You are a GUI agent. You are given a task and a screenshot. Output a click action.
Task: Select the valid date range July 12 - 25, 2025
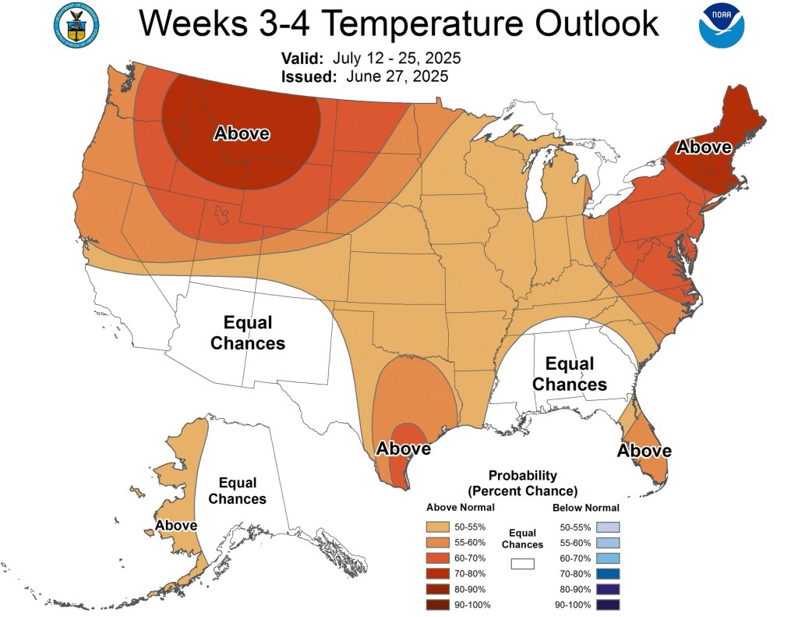[x=397, y=59]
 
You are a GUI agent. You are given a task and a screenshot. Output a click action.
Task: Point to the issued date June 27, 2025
[x=393, y=76]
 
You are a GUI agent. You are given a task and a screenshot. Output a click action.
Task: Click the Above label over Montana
[x=242, y=133]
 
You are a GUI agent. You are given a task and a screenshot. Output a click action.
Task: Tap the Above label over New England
[x=704, y=147]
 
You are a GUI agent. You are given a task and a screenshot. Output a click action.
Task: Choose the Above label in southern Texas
[x=404, y=449]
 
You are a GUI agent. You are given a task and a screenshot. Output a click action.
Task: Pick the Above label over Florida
[x=644, y=451]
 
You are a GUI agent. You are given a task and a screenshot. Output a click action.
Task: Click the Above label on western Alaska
[x=175, y=526]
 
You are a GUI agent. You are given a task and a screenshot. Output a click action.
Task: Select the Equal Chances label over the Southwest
[x=248, y=332]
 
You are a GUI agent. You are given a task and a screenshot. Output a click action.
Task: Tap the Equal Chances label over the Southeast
[x=570, y=374]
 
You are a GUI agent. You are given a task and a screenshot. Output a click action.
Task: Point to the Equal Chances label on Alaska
[x=238, y=491]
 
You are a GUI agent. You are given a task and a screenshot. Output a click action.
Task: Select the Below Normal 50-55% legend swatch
[x=608, y=528]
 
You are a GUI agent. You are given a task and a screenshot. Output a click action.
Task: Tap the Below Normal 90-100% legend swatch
[x=608, y=605]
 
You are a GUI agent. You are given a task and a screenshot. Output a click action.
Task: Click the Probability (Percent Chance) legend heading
[x=522, y=483]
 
